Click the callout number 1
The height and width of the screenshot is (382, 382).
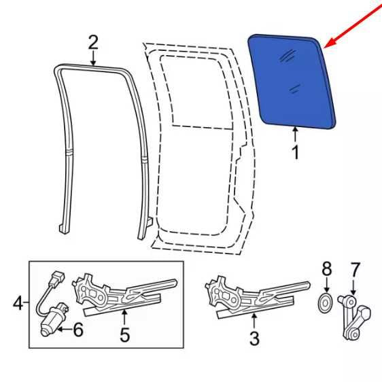coord(296,152)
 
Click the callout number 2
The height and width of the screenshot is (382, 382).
coord(93,43)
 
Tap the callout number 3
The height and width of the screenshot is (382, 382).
coord(254,338)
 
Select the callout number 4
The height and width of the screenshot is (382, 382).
coord(18,303)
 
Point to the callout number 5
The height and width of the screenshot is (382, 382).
coord(124,335)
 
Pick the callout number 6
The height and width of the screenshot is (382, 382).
coord(78,330)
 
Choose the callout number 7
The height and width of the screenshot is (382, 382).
coord(354,269)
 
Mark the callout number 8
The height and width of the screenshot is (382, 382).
coord(327,269)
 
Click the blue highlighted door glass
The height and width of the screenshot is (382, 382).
coord(292,82)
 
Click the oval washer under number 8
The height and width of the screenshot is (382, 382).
coord(325,304)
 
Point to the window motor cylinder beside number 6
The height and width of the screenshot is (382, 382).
coord(54,319)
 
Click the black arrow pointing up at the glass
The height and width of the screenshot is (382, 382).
coord(295,135)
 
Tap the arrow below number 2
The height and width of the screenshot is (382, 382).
coord(93,58)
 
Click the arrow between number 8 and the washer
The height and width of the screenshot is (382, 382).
coord(326,285)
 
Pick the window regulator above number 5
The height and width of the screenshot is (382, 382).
coord(124,296)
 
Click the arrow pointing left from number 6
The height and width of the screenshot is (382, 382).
coord(65,330)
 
